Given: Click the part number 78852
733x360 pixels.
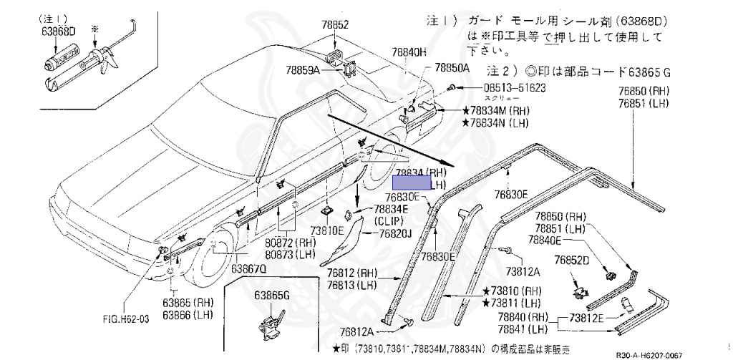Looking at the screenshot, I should click(x=335, y=25).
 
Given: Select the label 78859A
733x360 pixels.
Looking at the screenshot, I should click(x=303, y=70).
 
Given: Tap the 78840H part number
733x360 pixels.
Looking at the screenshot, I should click(x=409, y=52).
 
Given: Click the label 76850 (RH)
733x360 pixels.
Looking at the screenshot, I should click(x=644, y=92).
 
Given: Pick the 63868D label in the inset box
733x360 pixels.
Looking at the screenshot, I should click(x=58, y=31).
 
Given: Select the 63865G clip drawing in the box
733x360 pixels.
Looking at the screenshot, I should click(x=273, y=321).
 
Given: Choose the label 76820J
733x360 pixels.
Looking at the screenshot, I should click(x=394, y=234).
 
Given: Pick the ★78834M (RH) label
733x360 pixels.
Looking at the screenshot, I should click(x=495, y=111).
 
